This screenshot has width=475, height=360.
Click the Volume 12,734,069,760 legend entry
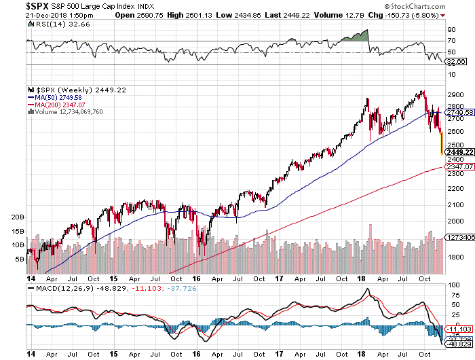click(x=68, y=113)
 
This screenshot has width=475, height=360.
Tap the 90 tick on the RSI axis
click(x=450, y=31)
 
